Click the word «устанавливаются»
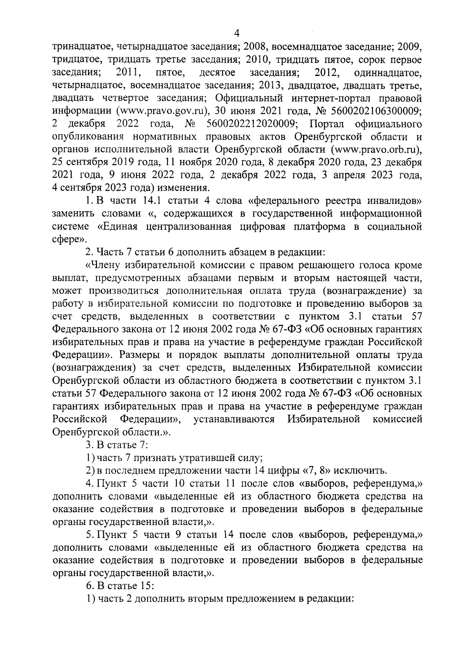[x=234, y=419]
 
